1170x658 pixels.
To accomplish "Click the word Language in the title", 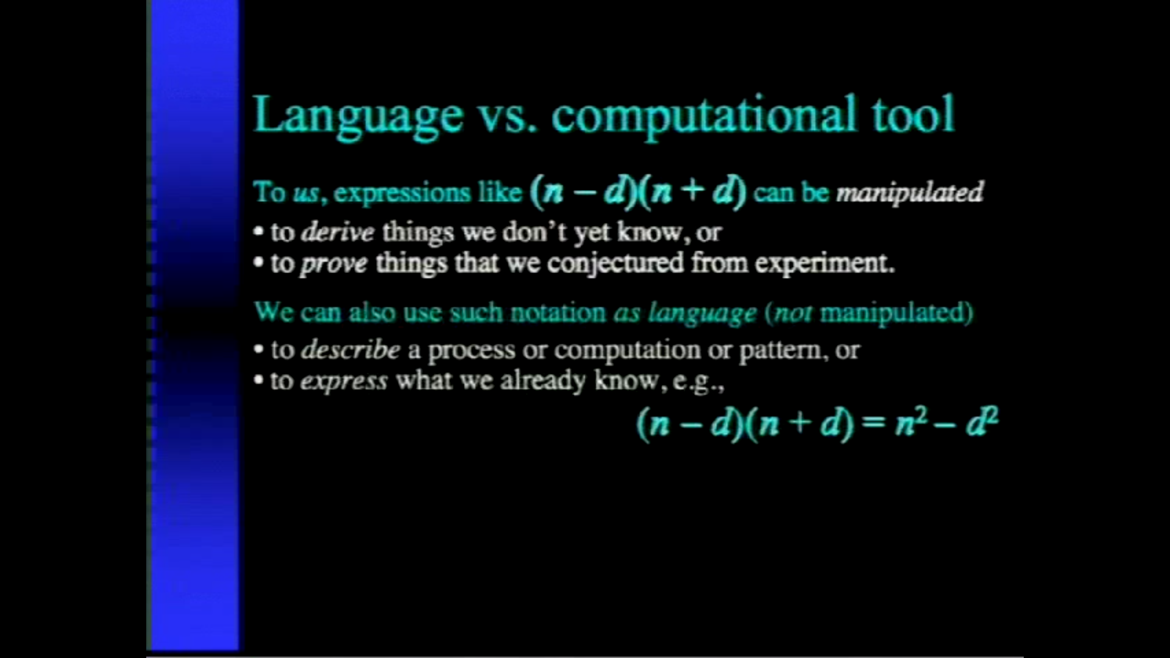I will [358, 116].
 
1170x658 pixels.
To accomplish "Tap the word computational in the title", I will [704, 116].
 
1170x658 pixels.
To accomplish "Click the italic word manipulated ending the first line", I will [909, 193].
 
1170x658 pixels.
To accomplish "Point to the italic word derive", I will [338, 232].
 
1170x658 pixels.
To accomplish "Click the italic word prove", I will [334, 264].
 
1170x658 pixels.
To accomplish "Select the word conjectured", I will [615, 264].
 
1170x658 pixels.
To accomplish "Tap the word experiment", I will [824, 264].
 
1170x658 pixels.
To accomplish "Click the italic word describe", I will [350, 350].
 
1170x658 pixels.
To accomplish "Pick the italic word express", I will [344, 381].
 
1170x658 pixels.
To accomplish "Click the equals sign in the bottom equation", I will [874, 423].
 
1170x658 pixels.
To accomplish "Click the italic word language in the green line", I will [702, 313].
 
